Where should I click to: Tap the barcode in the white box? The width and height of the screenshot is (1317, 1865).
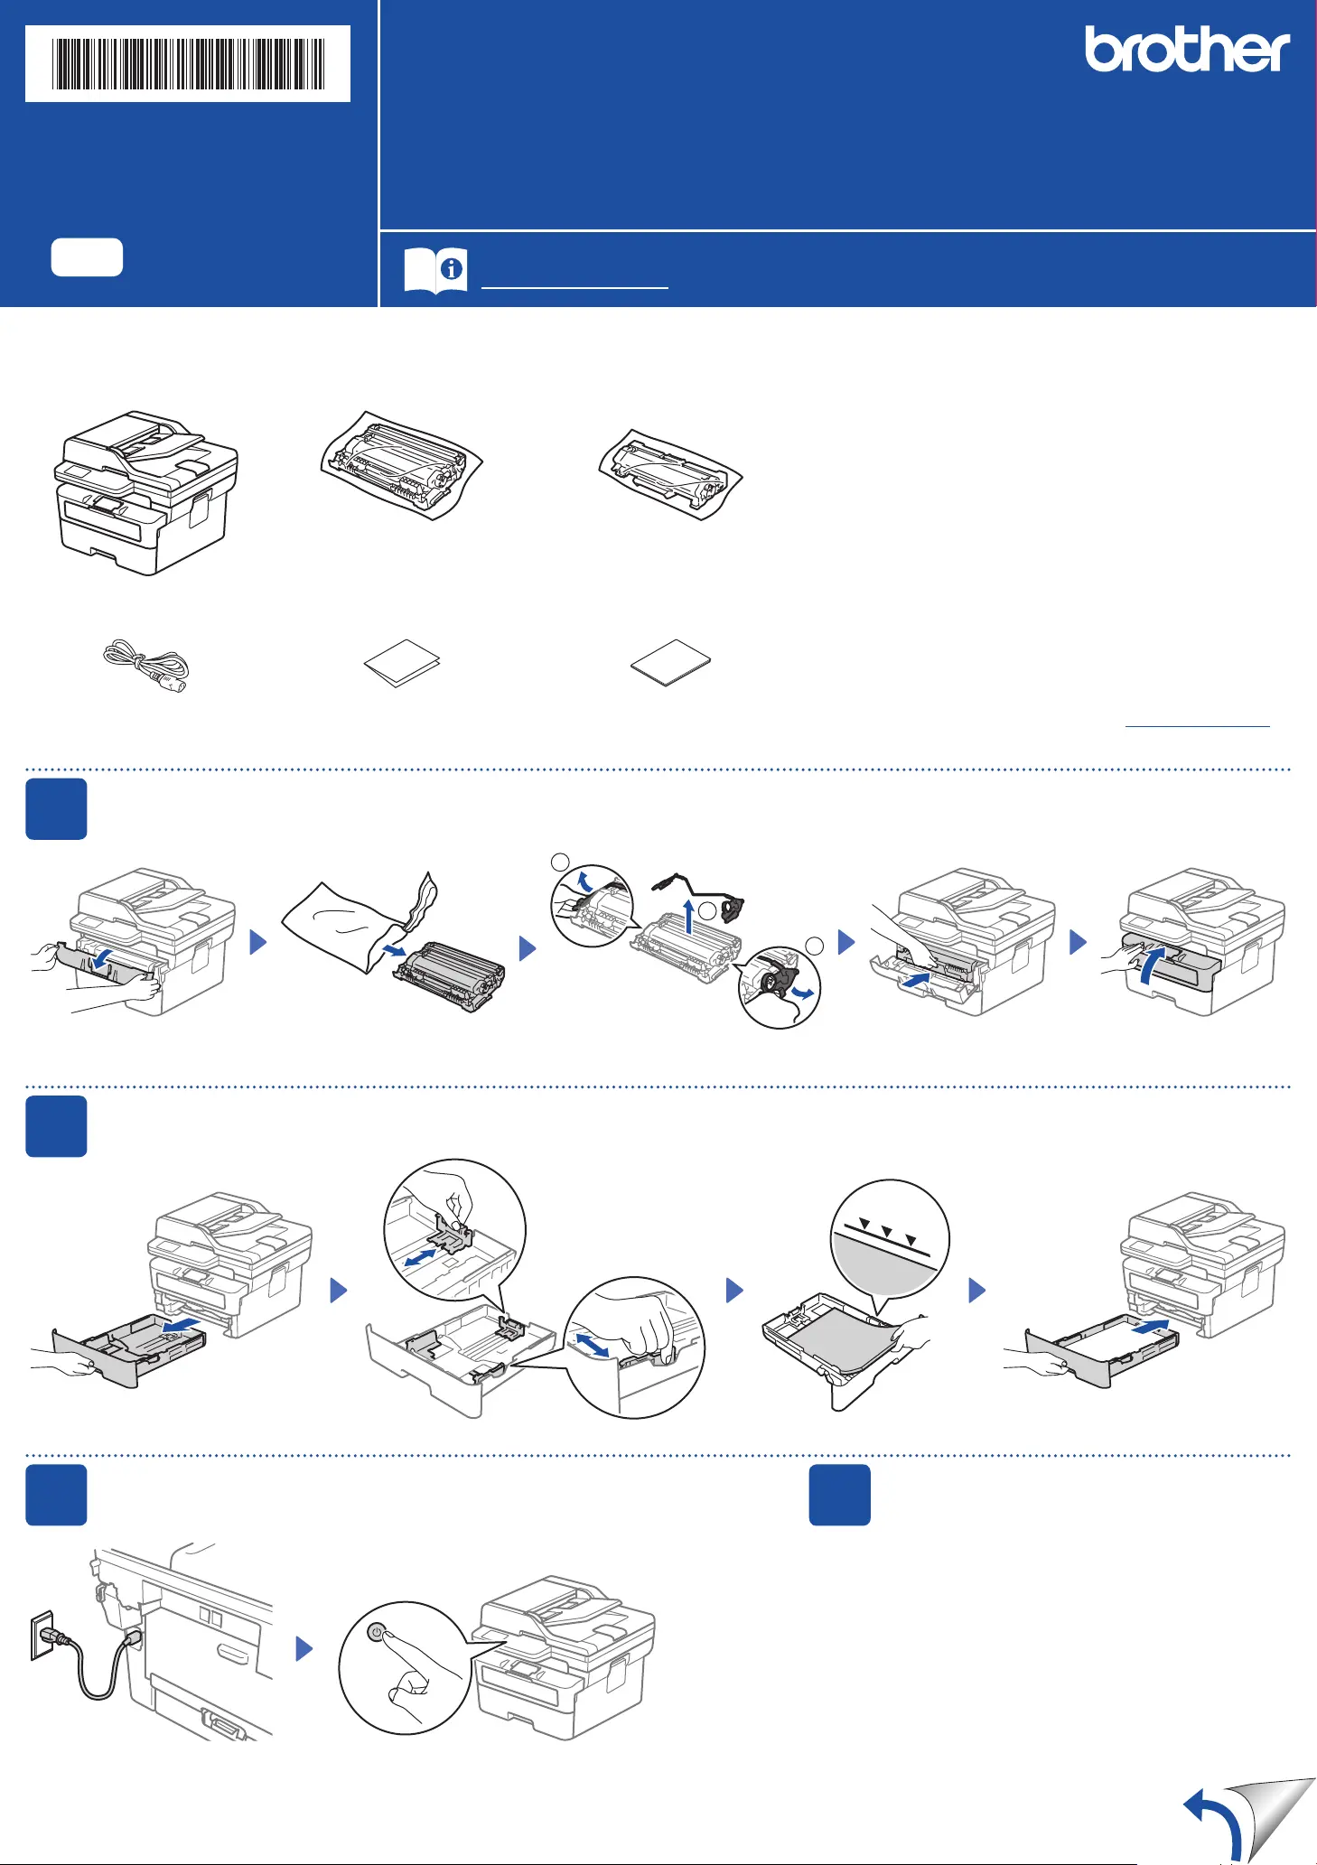188,63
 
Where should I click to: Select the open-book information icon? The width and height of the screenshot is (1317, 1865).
435,270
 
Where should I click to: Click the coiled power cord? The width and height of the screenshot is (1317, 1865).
146,667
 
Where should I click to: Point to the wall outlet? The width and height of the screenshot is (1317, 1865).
42,1636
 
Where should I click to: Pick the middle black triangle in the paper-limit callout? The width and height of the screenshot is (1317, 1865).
887,1232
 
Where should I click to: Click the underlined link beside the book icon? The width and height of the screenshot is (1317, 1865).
574,286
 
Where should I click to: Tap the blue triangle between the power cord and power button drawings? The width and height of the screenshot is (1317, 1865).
304,1648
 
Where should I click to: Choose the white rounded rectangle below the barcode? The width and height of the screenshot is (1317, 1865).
87,257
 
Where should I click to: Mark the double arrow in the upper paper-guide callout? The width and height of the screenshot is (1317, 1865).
425,1256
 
